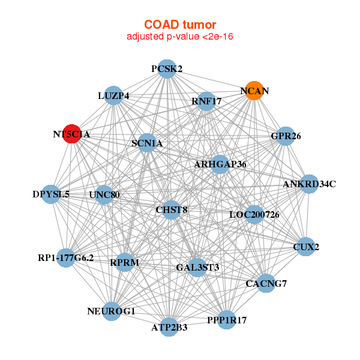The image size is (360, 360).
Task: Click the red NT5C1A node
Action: pos(72,134)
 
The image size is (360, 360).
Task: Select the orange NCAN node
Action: pos(254,91)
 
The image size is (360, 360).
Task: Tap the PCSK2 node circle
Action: pos(167,69)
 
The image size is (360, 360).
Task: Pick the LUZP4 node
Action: pos(113,95)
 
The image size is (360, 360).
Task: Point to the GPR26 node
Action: pos(286,136)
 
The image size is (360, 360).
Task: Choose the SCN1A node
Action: pos(147,143)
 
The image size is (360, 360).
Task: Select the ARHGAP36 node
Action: pos(220,164)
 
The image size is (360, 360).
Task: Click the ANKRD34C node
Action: pos(308,184)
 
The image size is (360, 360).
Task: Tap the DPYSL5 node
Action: pos(52,194)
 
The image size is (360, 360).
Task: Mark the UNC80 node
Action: pos(104,194)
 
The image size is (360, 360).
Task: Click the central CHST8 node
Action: pos(172,209)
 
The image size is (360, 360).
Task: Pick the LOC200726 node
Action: pos(254,214)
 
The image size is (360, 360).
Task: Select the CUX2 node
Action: pos(306,247)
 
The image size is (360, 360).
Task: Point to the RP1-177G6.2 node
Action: pos(66,258)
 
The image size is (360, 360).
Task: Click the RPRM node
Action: pos(124,262)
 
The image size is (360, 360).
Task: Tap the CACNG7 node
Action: pos(266,283)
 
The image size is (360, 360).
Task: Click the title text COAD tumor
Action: pos(180,25)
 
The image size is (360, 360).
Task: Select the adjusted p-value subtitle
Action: pos(180,37)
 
